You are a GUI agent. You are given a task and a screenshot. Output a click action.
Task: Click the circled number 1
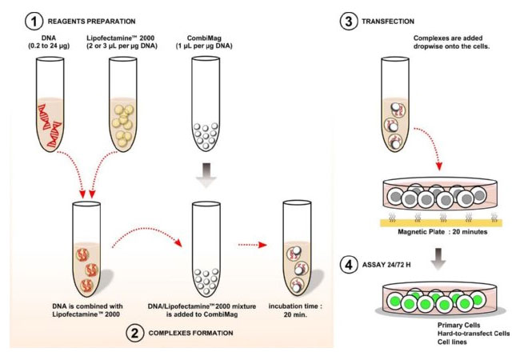point(34,22)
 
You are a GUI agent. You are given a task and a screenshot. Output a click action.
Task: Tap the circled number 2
point(135,333)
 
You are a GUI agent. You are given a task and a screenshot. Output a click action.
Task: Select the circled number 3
point(348,22)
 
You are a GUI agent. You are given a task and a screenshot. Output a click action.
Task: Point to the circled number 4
point(349,265)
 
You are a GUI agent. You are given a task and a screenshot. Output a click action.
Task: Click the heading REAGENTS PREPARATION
point(91,22)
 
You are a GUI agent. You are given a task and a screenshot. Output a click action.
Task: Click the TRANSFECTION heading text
point(388,22)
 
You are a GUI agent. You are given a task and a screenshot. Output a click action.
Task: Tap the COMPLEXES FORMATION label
point(190,333)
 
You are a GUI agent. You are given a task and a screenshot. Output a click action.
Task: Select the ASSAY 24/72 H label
point(386,265)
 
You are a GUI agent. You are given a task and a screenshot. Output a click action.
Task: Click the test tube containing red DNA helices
point(50,104)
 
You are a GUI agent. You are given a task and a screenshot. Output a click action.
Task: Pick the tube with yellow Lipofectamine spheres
point(122,104)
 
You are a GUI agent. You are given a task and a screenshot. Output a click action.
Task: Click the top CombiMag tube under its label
point(206,104)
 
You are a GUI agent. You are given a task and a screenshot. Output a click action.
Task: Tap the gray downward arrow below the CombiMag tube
point(206,175)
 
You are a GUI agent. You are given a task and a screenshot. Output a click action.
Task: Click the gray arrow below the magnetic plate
point(438,258)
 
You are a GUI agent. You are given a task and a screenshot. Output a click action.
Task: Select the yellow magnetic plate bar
point(441,222)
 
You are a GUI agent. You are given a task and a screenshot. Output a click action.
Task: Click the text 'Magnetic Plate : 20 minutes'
point(442,232)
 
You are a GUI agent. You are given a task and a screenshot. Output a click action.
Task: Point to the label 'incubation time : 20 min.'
point(295,310)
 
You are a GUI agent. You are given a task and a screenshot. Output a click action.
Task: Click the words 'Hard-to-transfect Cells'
point(474,334)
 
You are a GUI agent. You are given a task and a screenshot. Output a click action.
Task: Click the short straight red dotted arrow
point(253,245)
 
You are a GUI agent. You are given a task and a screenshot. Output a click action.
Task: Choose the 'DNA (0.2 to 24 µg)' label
point(49,42)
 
